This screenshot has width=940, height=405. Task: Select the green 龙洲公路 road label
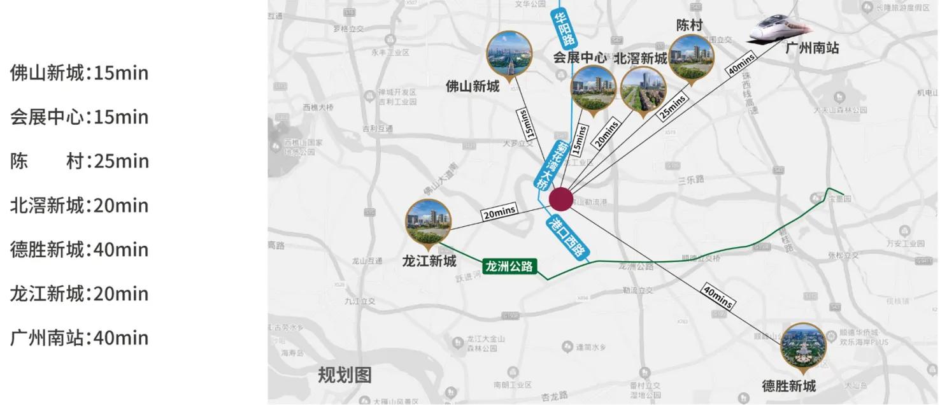pyautogui.click(x=509, y=266)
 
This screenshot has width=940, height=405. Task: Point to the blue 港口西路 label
pyautogui.click(x=566, y=237)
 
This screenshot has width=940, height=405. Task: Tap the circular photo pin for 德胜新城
pyautogui.click(x=803, y=346)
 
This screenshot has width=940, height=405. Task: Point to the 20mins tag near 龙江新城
pyautogui.click(x=499, y=213)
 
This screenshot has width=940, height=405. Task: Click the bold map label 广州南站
pyautogui.click(x=811, y=48)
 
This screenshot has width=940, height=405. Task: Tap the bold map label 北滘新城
pyautogui.click(x=640, y=59)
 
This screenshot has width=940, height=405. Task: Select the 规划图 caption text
pyautogui.click(x=345, y=375)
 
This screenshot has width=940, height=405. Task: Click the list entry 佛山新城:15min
pyautogui.click(x=79, y=73)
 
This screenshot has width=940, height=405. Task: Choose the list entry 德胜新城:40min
pyautogui.click(x=79, y=249)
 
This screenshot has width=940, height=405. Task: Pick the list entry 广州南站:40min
pyautogui.click(x=79, y=337)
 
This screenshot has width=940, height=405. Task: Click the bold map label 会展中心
pyautogui.click(x=580, y=57)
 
